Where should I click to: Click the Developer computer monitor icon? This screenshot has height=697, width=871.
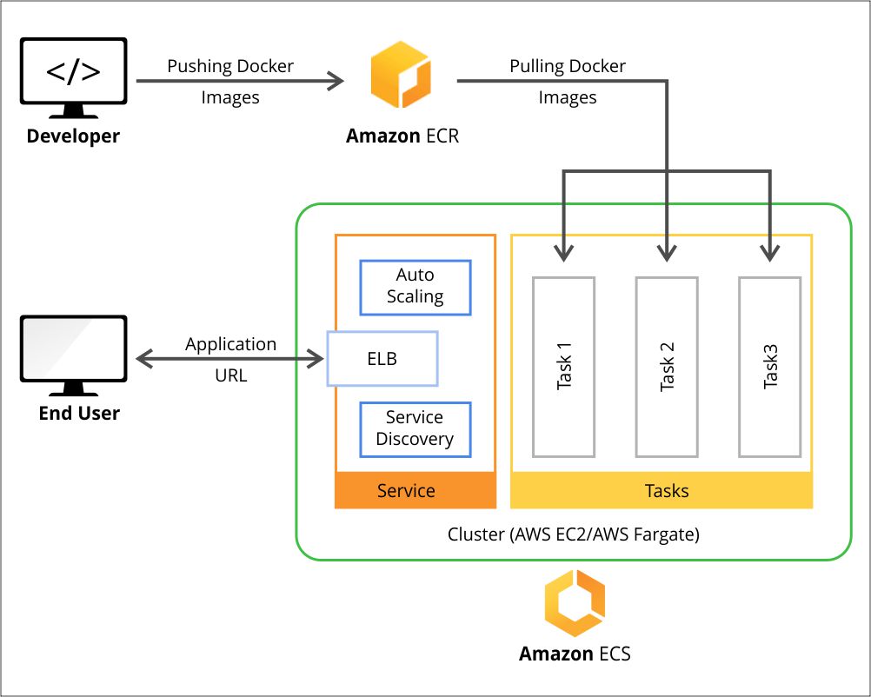pyautogui.click(x=73, y=76)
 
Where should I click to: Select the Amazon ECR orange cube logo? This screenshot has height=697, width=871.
pyautogui.click(x=400, y=76)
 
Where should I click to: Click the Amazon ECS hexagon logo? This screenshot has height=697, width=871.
pyautogui.click(x=575, y=603)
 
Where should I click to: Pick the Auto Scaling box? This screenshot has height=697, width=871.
pyautogui.click(x=416, y=287)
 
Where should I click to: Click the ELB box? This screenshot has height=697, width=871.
pyautogui.click(x=382, y=358)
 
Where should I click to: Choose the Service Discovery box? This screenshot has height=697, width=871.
pyautogui.click(x=416, y=429)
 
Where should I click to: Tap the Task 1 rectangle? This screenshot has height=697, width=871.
pyautogui.click(x=563, y=367)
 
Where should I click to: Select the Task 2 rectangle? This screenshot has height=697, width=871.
pyautogui.click(x=667, y=367)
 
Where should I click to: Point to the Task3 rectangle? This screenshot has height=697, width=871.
pyautogui.click(x=770, y=367)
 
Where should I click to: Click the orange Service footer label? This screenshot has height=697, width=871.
pyautogui.click(x=406, y=491)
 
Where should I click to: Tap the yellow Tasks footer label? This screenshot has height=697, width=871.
pyautogui.click(x=667, y=491)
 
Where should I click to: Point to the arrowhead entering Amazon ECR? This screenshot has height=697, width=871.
pyautogui.click(x=336, y=82)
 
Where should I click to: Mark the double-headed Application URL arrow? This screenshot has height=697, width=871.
pyautogui.click(x=231, y=358)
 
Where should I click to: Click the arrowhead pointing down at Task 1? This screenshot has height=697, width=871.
pyautogui.click(x=563, y=253)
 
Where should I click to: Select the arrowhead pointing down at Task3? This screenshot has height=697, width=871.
pyautogui.click(x=770, y=253)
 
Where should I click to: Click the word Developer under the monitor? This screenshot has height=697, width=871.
pyautogui.click(x=73, y=136)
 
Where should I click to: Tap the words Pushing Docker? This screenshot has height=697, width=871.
pyautogui.click(x=230, y=66)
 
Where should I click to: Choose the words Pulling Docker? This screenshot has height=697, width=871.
pyautogui.click(x=568, y=66)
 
